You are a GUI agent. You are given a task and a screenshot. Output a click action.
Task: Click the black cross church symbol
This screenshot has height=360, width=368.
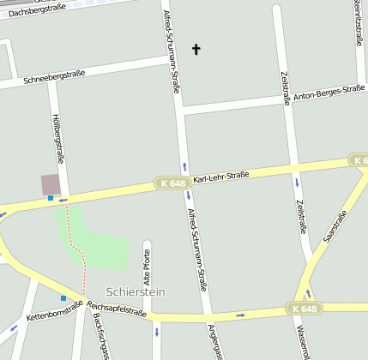[x=196, y=50]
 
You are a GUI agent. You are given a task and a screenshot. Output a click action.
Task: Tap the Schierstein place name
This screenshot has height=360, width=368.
[x=135, y=291]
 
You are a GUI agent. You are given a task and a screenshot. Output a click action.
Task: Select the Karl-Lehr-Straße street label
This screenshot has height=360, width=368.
[x=220, y=177]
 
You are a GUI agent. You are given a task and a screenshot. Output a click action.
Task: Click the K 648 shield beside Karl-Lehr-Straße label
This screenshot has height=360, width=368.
[x=172, y=183]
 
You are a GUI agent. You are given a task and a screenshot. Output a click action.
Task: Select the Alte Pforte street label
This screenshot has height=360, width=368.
[x=147, y=267]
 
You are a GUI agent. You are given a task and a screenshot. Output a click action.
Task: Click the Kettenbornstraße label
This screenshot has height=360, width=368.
[x=54, y=311]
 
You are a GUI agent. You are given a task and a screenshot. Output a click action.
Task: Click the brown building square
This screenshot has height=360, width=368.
[x=51, y=183]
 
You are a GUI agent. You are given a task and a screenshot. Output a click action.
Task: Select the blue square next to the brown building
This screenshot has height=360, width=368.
[x=51, y=198]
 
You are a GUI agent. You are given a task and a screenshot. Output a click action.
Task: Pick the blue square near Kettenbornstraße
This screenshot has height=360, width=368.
[x=63, y=298]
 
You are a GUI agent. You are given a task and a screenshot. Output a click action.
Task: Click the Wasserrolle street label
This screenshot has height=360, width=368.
[x=302, y=341]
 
